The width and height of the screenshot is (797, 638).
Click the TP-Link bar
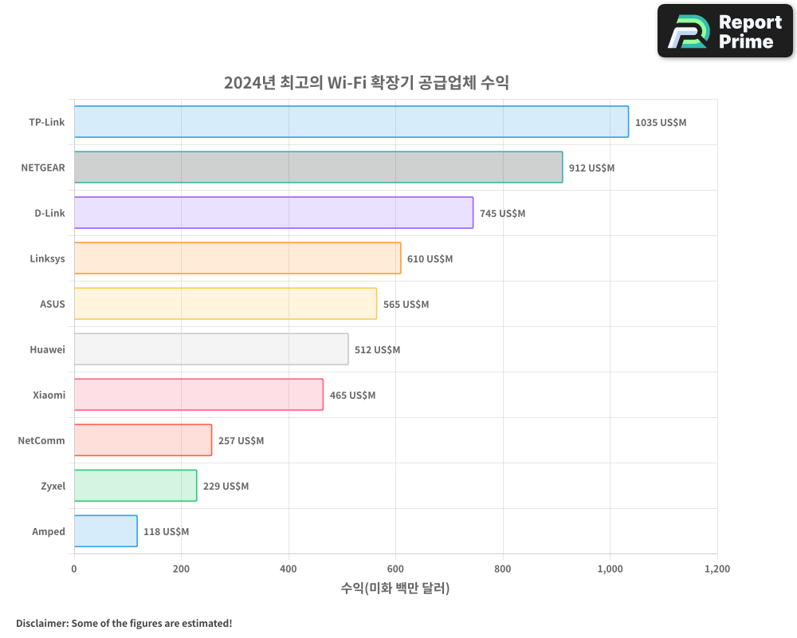click(x=351, y=122)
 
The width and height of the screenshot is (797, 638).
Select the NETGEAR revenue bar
click(x=318, y=167)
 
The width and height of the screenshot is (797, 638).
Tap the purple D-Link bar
click(x=273, y=213)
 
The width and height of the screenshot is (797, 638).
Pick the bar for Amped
click(x=105, y=531)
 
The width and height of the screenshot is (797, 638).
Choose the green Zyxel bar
click(x=135, y=486)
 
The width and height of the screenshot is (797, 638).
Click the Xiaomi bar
click(x=198, y=395)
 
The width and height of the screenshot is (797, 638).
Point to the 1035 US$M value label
click(x=661, y=123)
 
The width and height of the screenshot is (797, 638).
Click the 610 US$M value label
click(x=430, y=259)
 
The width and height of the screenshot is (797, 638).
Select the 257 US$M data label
click(x=241, y=441)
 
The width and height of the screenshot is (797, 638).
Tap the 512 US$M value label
click(x=377, y=350)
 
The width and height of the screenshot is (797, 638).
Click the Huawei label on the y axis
click(x=47, y=349)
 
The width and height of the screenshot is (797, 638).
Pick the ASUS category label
click(x=53, y=304)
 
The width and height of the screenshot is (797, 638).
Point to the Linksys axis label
click(x=47, y=258)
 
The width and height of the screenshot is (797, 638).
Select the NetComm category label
click(x=41, y=440)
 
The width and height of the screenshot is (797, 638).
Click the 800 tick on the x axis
click(x=503, y=569)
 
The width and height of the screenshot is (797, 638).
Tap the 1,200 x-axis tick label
click(x=717, y=569)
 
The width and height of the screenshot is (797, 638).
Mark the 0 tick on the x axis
click(x=74, y=569)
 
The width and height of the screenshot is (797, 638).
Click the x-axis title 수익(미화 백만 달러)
click(x=395, y=589)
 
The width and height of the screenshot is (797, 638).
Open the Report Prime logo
click(x=724, y=31)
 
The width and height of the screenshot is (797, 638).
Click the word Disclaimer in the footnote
click(x=41, y=623)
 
